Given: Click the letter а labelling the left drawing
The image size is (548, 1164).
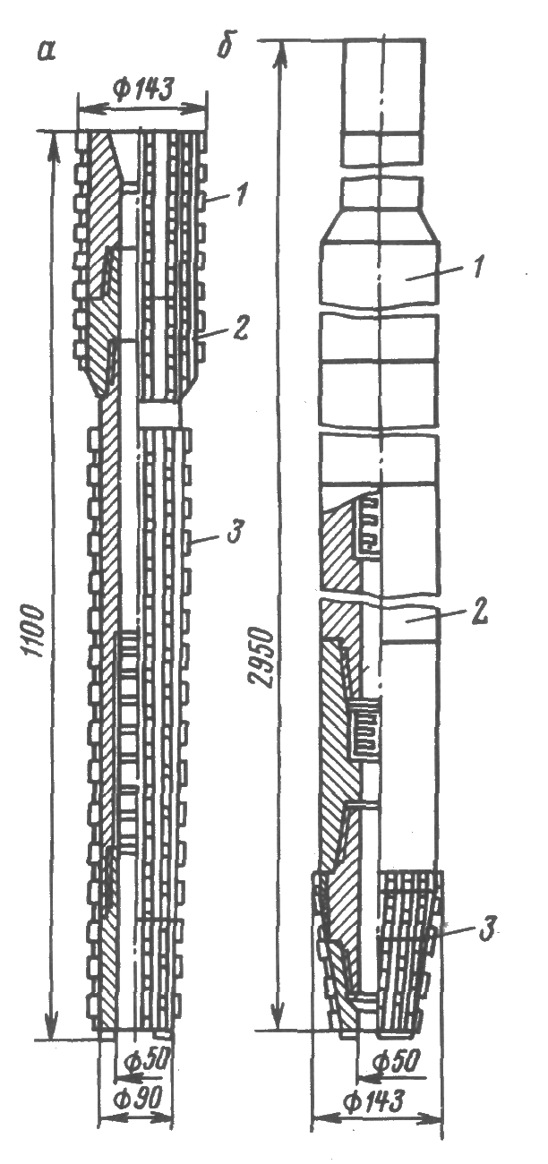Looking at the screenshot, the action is point(47,52).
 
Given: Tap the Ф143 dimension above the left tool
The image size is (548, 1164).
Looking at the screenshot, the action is point(141,90).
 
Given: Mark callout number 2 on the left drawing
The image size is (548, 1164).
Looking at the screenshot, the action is point(242,328).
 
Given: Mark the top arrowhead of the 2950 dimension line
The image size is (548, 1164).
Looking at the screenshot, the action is point(281,54).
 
